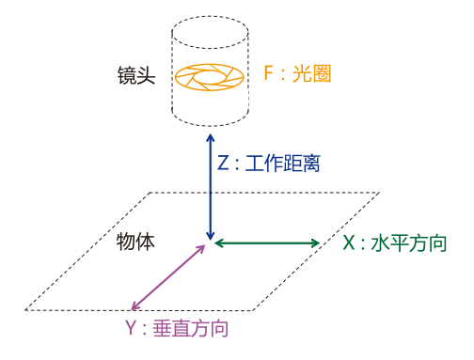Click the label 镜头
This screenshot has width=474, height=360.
[136, 75]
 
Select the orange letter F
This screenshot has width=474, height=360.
[269, 73]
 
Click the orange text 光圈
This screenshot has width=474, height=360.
[311, 73]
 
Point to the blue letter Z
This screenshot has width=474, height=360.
[223, 163]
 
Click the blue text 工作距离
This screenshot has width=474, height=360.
[282, 164]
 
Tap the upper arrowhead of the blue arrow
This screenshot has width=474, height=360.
[211, 137]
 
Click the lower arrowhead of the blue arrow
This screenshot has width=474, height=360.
[211, 237]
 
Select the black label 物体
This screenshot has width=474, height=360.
[135, 242]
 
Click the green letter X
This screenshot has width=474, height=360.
[349, 243]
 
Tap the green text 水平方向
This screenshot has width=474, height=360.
[409, 243]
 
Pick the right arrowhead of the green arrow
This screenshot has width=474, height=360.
[316, 243]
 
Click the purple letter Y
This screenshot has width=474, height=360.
[132, 328]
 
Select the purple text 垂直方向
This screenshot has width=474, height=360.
[190, 328]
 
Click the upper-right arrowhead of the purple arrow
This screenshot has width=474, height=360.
[201, 248]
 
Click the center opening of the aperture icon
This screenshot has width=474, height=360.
[209, 77]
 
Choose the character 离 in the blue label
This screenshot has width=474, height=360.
[310, 164]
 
